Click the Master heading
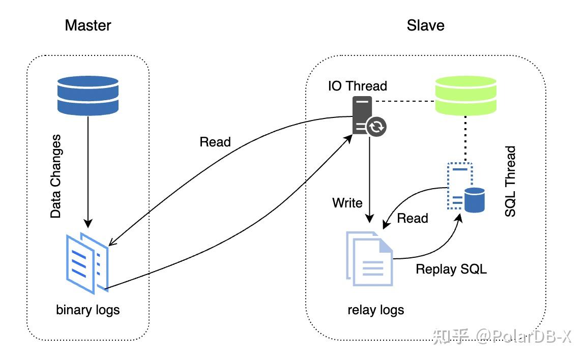[88, 25]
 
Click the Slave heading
[425, 25]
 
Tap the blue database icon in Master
[88, 96]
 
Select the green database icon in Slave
[465, 96]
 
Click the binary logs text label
[88, 310]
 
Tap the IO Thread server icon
[368, 117]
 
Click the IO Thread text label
[357, 86]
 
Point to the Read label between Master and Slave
[215, 142]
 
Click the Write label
[347, 203]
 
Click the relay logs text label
[376, 310]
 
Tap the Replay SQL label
[451, 269]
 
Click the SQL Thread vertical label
[510, 182]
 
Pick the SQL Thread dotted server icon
[464, 187]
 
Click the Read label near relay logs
[413, 218]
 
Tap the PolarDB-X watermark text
[524, 337]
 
